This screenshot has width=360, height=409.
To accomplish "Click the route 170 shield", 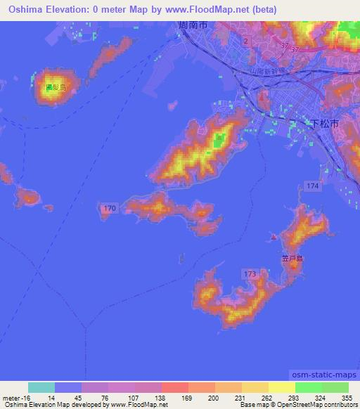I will (x=109, y=209).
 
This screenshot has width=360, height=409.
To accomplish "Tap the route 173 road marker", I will (x=249, y=272).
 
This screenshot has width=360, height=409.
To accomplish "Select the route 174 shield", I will (x=312, y=184).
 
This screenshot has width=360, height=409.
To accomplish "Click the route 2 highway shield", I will (x=245, y=42).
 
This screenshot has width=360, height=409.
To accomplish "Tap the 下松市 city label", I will (x=325, y=122).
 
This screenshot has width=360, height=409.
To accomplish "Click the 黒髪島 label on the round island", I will (x=53, y=88).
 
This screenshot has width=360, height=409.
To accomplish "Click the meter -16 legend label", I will (x=15, y=398).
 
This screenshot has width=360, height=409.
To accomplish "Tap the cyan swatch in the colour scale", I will (x=41, y=387).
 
